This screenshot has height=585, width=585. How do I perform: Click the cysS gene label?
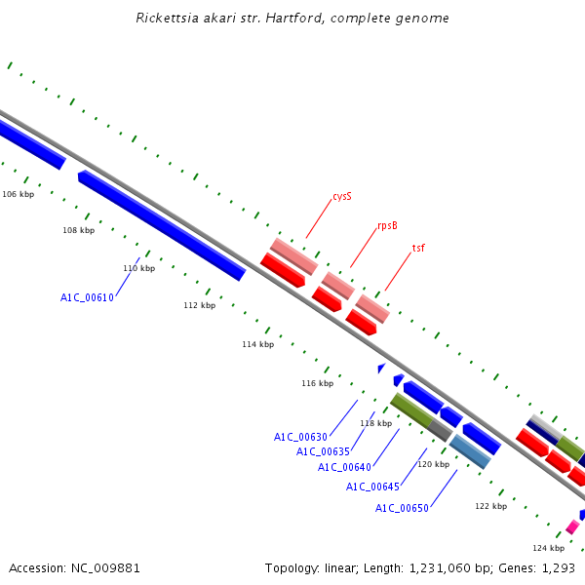(x=342, y=197)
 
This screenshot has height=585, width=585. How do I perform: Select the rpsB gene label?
(x=387, y=226)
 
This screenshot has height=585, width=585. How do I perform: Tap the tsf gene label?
(x=418, y=248)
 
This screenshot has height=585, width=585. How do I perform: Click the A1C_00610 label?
(x=87, y=297)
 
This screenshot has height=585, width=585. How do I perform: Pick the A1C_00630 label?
(x=300, y=437)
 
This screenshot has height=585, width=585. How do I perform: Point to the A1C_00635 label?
(x=323, y=451)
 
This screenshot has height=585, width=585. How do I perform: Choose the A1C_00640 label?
(x=344, y=467)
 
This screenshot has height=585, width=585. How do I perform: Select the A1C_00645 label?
(x=372, y=487)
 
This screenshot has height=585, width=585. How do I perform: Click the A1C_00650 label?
(x=402, y=508)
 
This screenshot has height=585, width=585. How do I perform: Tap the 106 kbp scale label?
(x=19, y=194)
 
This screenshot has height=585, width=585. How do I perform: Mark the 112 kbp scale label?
(x=200, y=305)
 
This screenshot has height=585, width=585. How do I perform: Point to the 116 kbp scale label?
(x=318, y=383)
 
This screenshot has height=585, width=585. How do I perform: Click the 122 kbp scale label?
(x=491, y=506)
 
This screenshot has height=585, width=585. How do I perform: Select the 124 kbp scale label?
(x=548, y=548)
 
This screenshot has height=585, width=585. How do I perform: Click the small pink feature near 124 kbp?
(x=572, y=526)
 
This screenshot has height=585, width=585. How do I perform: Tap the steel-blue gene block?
(x=470, y=451)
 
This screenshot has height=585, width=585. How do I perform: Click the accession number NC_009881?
(x=105, y=568)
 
